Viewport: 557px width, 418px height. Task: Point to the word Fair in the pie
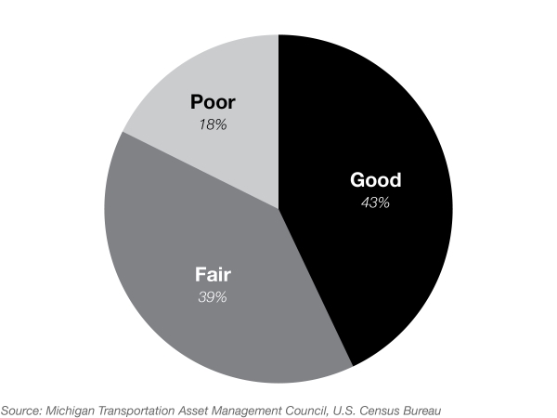click(213, 275)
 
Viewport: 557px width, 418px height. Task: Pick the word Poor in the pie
click(214, 102)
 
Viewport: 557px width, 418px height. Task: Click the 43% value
click(376, 202)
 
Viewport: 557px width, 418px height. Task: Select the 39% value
click(213, 297)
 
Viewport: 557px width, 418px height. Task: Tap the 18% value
click(214, 124)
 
